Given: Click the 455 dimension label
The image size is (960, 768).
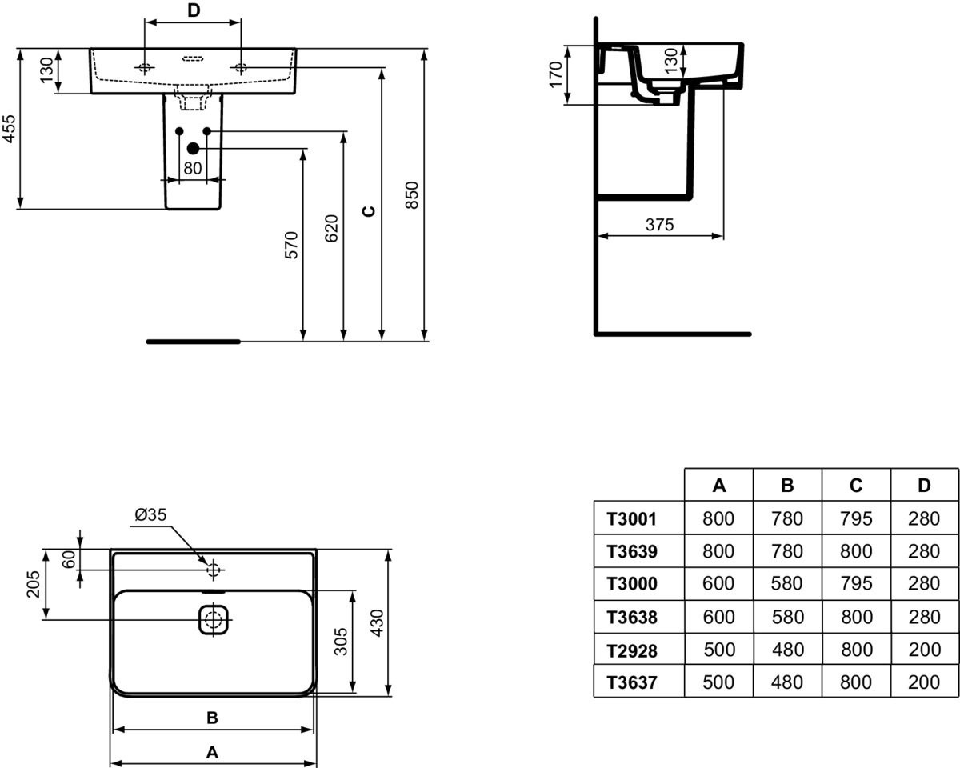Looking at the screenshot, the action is point(10,129).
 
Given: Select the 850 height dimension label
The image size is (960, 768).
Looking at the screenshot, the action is point(412,195).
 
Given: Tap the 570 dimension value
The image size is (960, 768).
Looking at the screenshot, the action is point(291,245).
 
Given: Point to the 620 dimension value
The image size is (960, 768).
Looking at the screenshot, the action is point(331,229).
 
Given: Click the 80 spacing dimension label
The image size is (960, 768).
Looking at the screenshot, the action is point(193,168).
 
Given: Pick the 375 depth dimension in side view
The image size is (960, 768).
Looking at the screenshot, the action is point(659,225).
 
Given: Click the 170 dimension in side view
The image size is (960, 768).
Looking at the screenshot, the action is point(555,75).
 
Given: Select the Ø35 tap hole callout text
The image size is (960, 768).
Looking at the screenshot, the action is point(150,514).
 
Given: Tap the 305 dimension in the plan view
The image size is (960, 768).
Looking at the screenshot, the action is point(341,642).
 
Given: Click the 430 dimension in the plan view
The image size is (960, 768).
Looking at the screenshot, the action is point(377,623).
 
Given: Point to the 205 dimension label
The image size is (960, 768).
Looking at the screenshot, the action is point(34,585).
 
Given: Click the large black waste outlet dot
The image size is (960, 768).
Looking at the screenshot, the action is point(193,149).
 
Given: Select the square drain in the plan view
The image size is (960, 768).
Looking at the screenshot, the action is point(214,619).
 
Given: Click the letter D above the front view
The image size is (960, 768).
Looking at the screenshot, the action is point(194,10).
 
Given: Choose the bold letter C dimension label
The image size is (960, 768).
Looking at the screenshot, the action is point(370,211).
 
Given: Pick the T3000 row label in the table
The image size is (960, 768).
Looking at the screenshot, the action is point(632,584).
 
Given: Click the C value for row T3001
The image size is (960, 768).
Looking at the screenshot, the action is point(856,518).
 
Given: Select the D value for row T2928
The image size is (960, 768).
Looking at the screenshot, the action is point(924,650).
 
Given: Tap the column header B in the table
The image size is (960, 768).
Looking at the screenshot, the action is point(787,486).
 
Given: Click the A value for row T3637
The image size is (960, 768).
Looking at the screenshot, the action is point(718,682).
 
